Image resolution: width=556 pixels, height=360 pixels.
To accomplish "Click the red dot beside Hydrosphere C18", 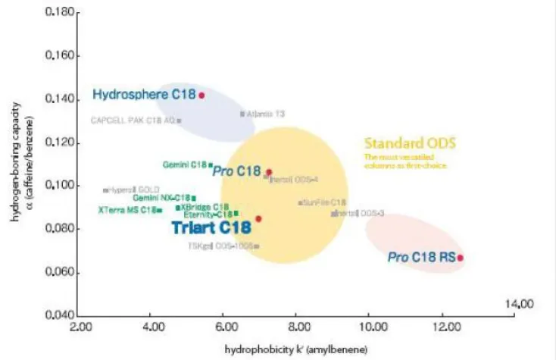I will (201, 95).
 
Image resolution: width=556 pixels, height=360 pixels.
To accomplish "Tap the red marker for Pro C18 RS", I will (460, 258).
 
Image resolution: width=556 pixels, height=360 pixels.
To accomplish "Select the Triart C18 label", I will (211, 226).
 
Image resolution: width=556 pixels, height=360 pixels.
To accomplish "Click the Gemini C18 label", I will (185, 164).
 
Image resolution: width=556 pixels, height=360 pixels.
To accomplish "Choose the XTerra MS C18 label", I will (127, 210).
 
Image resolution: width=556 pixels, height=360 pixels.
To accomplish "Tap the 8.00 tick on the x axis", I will (295, 328).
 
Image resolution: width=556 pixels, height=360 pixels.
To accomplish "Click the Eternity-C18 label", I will (208, 214).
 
